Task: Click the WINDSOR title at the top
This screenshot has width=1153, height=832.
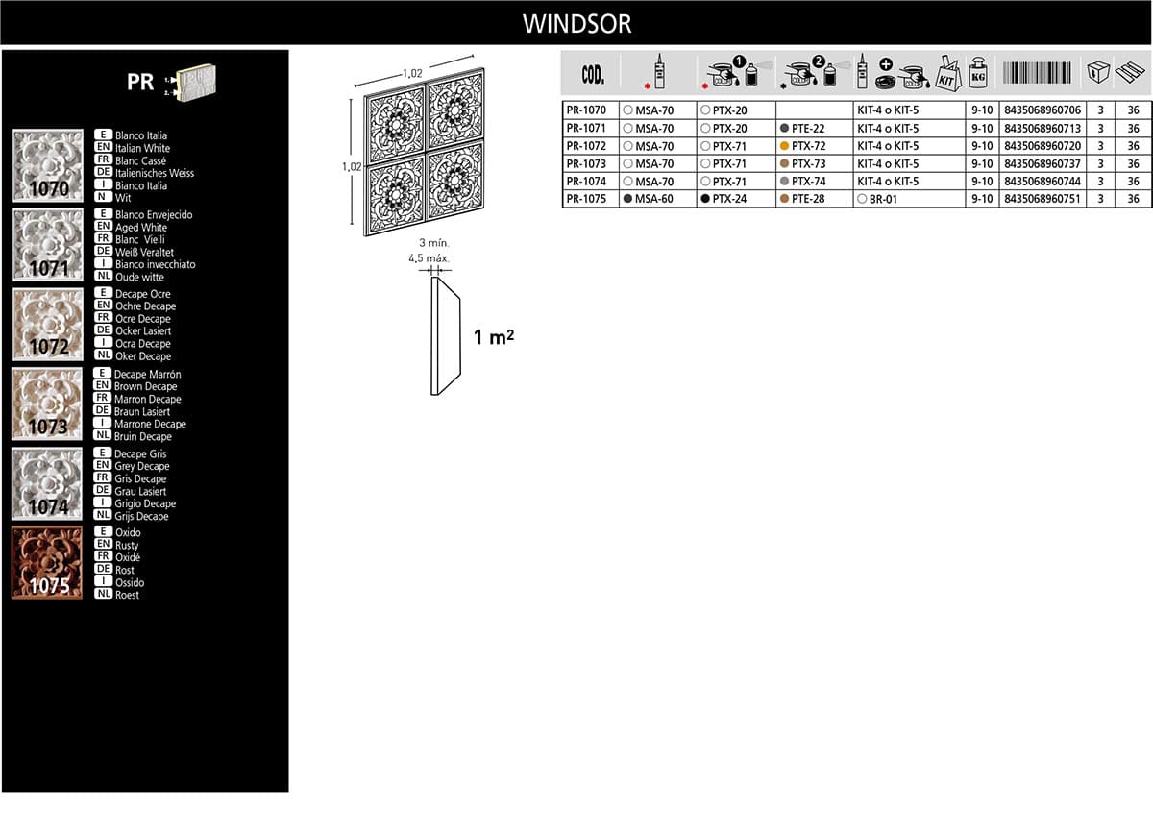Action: [577, 24]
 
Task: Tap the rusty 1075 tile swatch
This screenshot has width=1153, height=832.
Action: [47, 562]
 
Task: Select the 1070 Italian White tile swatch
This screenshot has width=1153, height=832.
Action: [48, 165]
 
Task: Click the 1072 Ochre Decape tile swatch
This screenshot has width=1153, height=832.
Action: [48, 324]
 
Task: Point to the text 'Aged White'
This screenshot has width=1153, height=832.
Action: [141, 228]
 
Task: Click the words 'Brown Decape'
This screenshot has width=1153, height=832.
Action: [146, 386]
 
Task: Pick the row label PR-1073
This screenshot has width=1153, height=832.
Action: [586, 163]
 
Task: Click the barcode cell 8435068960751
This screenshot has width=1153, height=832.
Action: [1043, 199]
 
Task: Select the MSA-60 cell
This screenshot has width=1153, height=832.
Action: [648, 199]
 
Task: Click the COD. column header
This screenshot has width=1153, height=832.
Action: [593, 75]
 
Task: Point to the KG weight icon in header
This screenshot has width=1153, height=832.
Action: [978, 72]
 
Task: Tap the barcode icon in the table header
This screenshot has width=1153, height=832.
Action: [1037, 73]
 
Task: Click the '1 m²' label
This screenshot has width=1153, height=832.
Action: [494, 337]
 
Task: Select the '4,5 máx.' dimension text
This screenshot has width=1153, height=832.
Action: [429, 258]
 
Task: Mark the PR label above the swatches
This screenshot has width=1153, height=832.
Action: [140, 82]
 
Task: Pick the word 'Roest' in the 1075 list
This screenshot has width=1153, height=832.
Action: [127, 595]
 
